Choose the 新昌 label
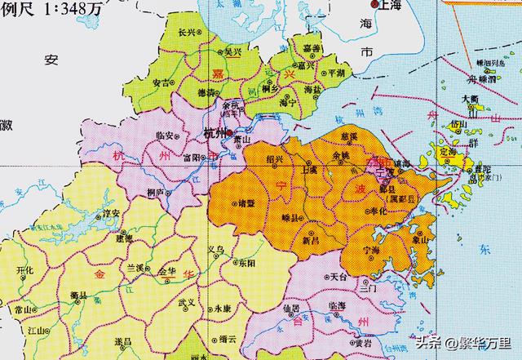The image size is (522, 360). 310,242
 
